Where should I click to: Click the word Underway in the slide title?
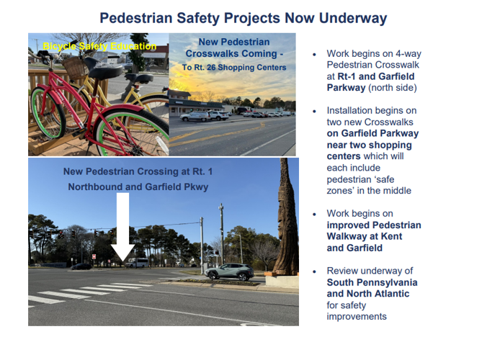tap(353, 18)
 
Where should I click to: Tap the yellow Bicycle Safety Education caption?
tap(99, 46)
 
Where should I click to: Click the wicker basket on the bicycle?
tap(75, 67)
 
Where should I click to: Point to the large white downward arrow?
tap(122, 228)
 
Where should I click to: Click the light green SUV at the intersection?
tap(229, 272)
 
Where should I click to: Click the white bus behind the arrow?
tap(138, 263)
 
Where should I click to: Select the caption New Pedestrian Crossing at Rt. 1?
tap(138, 171)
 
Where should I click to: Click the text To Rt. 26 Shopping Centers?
tap(234, 68)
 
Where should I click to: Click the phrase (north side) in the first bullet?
tap(393, 88)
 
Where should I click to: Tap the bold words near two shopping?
tap(370, 145)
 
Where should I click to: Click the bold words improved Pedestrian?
tap(374, 225)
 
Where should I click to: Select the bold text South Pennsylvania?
tap(372, 282)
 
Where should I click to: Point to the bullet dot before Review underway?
tap(314, 271)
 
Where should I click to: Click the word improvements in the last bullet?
tap(357, 317)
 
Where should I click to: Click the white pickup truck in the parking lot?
tap(218, 115)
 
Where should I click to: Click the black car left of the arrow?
tap(81, 266)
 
